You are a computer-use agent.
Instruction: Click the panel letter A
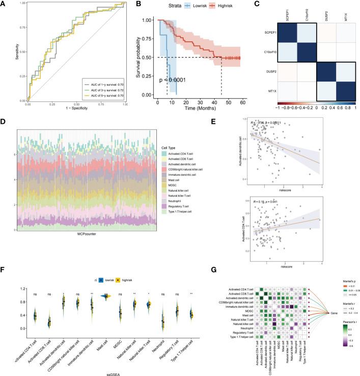click(4, 4)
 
